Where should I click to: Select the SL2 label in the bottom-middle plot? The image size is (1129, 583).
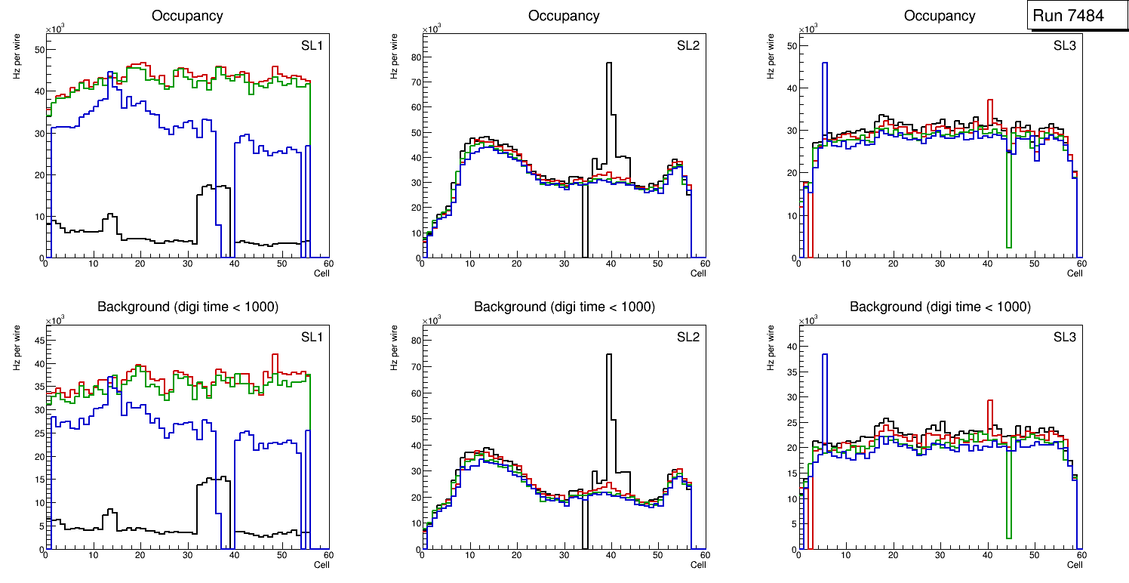pyautogui.click(x=688, y=337)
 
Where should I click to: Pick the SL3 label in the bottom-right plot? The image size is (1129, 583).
pyautogui.click(x=1064, y=337)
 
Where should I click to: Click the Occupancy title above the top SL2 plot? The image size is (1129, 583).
pyautogui.click(x=564, y=16)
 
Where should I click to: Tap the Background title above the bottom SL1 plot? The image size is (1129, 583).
pyautogui.click(x=188, y=307)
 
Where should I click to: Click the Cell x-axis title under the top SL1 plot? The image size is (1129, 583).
pyautogui.click(x=321, y=273)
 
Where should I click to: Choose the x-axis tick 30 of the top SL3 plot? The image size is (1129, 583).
pyautogui.click(x=940, y=264)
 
